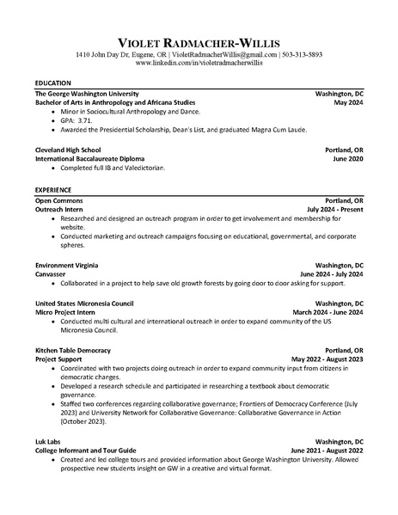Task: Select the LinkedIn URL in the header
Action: [199, 64]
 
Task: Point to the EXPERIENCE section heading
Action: [54, 188]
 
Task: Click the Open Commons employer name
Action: [58, 199]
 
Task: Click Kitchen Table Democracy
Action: [72, 351]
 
